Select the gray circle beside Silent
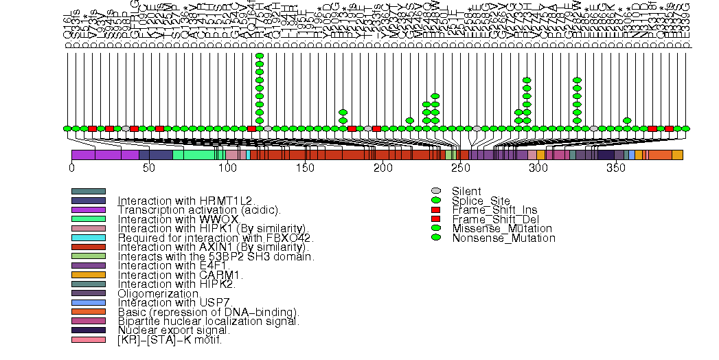click(435, 191)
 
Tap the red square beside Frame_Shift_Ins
click(435, 210)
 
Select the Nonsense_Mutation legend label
click(503, 238)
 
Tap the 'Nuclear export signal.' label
click(174, 330)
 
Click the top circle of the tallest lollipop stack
click(260, 55)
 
